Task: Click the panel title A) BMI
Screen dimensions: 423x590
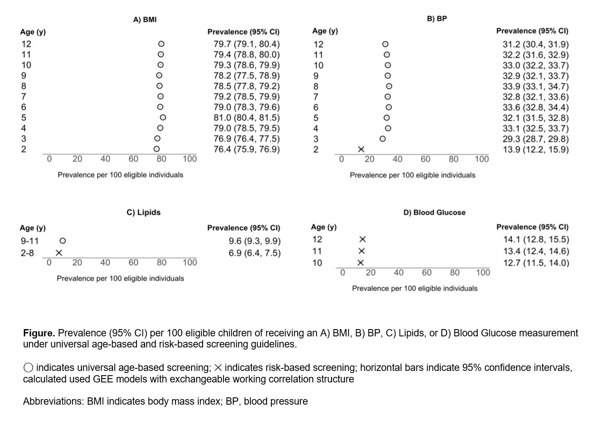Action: (145, 20)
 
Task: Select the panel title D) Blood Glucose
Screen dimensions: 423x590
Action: (434, 213)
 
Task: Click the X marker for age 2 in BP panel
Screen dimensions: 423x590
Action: (361, 149)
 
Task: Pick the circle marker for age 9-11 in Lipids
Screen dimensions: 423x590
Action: (63, 241)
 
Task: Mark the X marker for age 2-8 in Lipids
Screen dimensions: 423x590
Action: (59, 253)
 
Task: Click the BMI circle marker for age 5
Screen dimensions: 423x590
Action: (163, 117)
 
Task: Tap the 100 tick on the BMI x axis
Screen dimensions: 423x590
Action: (189, 159)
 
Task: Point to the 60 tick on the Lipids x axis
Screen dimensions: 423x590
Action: (133, 263)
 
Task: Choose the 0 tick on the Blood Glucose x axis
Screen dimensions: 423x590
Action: (342, 273)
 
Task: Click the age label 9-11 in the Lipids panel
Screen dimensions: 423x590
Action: (29, 241)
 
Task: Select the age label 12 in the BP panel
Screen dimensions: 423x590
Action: (318, 44)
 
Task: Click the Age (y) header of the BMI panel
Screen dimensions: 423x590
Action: (33, 32)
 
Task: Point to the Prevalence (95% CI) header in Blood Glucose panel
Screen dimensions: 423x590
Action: (532, 227)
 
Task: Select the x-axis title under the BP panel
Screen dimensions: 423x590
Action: (412, 175)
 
